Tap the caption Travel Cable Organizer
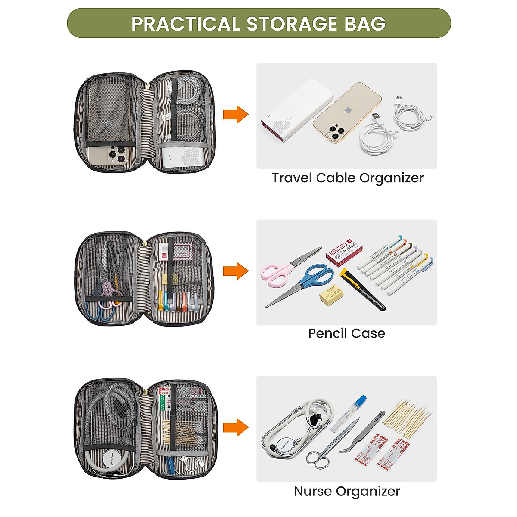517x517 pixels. [347, 178]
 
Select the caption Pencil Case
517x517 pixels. [346, 333]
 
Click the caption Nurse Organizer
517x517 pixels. [347, 491]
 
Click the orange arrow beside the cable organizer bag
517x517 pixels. [236, 115]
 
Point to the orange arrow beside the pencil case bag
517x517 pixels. [236, 271]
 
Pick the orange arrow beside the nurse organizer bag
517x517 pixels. [236, 427]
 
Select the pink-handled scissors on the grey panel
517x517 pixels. [276, 274]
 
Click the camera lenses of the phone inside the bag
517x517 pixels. [115, 154]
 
